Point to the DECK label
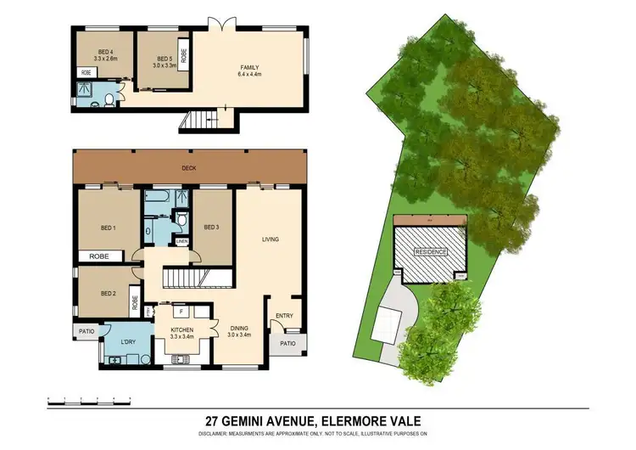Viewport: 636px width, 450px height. [x=189, y=168]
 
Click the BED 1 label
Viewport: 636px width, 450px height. [x=108, y=228]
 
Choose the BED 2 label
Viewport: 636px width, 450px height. [x=108, y=294]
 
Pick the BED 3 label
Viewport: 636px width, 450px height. [x=212, y=226]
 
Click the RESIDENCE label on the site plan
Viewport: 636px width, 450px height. [x=431, y=253]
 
